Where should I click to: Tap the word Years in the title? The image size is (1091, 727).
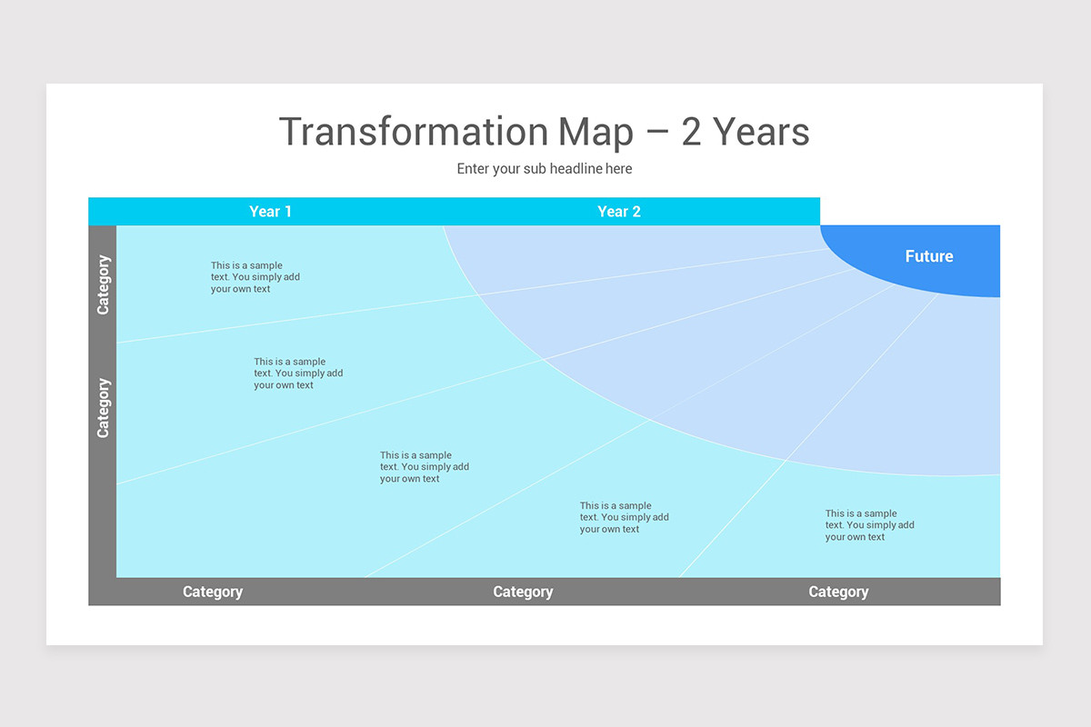[761, 133]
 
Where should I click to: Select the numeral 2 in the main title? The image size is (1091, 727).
[691, 133]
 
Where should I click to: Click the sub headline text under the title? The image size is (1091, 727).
[544, 169]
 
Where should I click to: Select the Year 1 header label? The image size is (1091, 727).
[270, 212]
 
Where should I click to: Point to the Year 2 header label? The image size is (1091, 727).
[618, 212]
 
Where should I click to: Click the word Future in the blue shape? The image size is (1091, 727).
[928, 256]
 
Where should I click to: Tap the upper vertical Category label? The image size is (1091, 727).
[103, 284]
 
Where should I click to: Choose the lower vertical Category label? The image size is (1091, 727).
[103, 407]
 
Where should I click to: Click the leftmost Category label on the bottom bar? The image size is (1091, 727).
[212, 592]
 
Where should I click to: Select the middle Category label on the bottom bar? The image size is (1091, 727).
[523, 592]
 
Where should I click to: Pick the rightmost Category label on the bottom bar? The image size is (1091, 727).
[838, 592]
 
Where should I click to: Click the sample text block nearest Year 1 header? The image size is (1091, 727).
[255, 277]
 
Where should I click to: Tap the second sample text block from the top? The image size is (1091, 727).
[298, 373]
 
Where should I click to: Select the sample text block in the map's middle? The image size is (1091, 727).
[424, 467]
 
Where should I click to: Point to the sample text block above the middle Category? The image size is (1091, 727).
[624, 517]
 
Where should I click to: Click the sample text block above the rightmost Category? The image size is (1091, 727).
[869, 525]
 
